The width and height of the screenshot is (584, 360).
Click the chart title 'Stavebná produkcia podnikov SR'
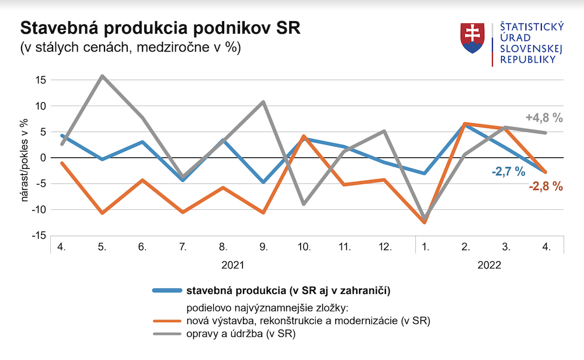tap(160, 29)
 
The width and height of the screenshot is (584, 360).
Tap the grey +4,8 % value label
tap(544, 118)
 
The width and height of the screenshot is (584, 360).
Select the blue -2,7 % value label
tap(507, 172)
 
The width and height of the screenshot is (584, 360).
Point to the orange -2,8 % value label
tap(545, 186)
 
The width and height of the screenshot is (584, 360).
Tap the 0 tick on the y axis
tap(42, 158)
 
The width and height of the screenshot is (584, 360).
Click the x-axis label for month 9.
tap(263, 247)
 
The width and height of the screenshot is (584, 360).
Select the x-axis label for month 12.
tap(385, 247)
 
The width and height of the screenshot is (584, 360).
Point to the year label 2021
tap(233, 265)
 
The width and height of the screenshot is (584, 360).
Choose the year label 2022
tap(489, 265)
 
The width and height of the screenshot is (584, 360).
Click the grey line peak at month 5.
tap(102, 76)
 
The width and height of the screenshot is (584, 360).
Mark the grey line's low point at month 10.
tap(304, 204)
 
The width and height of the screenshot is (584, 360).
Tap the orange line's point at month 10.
tap(304, 136)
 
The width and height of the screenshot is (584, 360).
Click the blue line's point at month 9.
tap(263, 182)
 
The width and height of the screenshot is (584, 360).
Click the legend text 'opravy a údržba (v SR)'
tap(241, 334)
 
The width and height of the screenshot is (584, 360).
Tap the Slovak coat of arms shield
tap(474, 38)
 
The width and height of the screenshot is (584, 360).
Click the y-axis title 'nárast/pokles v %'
tap(25, 159)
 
